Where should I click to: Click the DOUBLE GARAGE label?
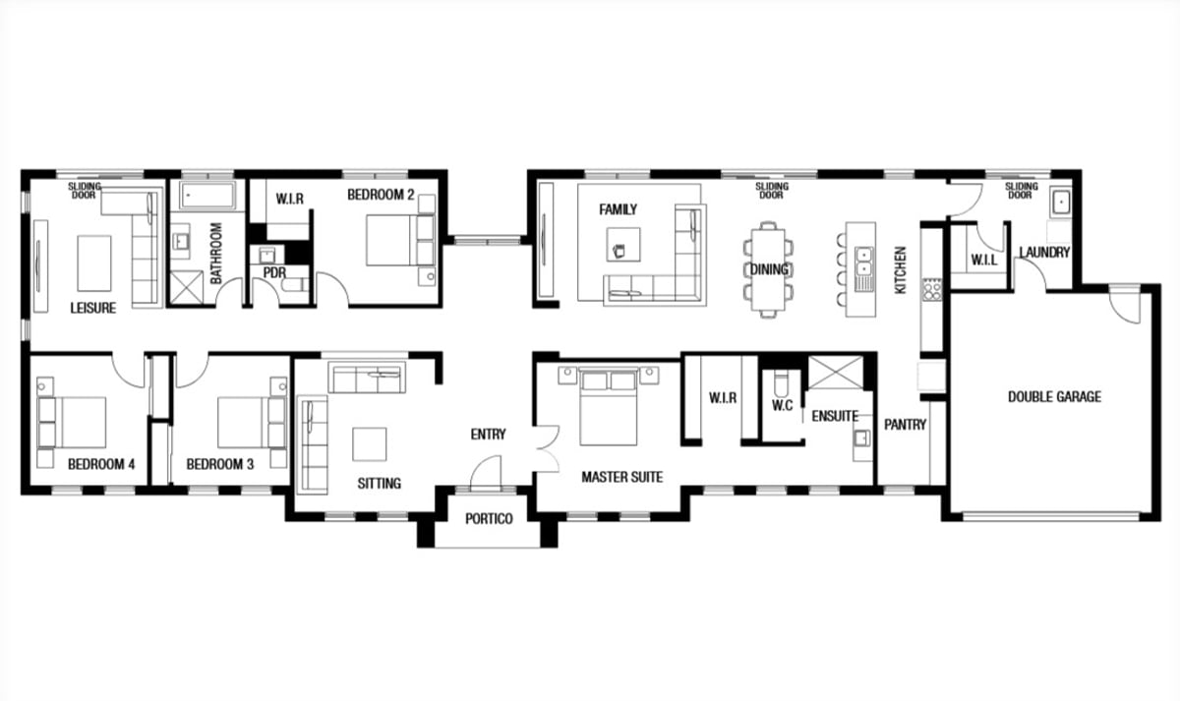click(x=1054, y=396)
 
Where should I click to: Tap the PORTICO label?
click(x=489, y=519)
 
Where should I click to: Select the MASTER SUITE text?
click(x=622, y=477)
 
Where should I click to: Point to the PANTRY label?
click(x=905, y=425)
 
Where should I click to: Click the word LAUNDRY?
click(x=1044, y=253)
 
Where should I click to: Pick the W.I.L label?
click(x=983, y=260)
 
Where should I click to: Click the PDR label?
click(x=274, y=272)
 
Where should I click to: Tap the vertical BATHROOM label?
click(x=216, y=253)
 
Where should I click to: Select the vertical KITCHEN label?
click(x=901, y=270)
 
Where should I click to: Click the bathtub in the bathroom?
click(x=207, y=195)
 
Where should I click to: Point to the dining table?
click(x=768, y=269)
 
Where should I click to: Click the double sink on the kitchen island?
click(x=863, y=262)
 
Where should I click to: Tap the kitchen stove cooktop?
click(x=932, y=290)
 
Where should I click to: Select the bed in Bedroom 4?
click(x=72, y=423)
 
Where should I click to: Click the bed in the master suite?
click(x=609, y=407)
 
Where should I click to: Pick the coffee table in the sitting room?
click(x=370, y=444)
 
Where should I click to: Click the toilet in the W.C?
click(x=781, y=380)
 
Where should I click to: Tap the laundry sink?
click(x=1060, y=202)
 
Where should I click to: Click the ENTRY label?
click(x=489, y=435)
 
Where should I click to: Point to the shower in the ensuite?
click(x=836, y=373)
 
